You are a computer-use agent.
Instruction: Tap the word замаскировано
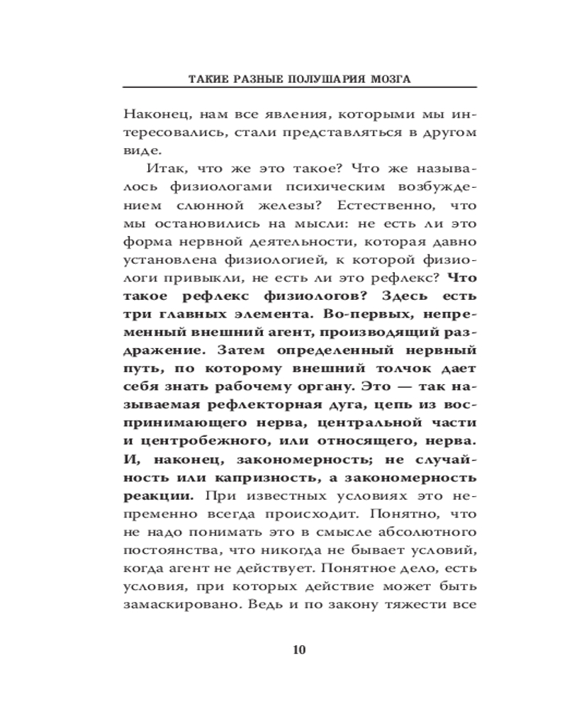pyautogui.click(x=168, y=607)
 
